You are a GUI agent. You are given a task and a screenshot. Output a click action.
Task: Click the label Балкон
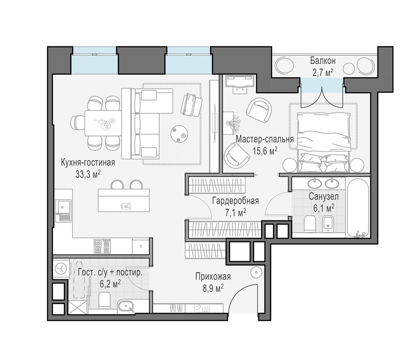tap(323, 61)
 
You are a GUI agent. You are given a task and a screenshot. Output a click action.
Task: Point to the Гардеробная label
tap(235, 200)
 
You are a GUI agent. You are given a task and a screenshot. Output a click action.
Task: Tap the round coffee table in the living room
tap(179, 133)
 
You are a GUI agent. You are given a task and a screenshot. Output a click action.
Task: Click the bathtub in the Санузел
tap(358, 208)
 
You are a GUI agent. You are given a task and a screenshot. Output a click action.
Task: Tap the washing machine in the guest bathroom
tap(61, 269)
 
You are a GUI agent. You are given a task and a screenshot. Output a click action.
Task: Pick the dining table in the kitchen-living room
tap(103, 123)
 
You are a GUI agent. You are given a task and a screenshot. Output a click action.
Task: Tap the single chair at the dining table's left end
tap(77, 122)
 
